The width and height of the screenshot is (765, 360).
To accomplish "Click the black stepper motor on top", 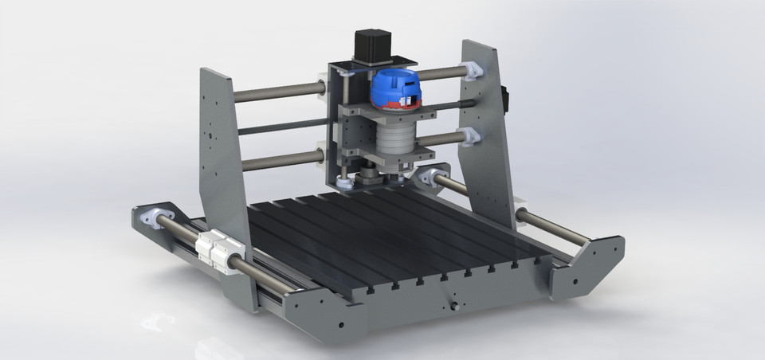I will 371,45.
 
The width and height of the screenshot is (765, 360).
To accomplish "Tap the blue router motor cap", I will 396,85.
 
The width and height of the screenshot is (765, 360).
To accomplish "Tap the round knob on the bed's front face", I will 455,304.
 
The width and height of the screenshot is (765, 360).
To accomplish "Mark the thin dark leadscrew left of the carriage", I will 279,126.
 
